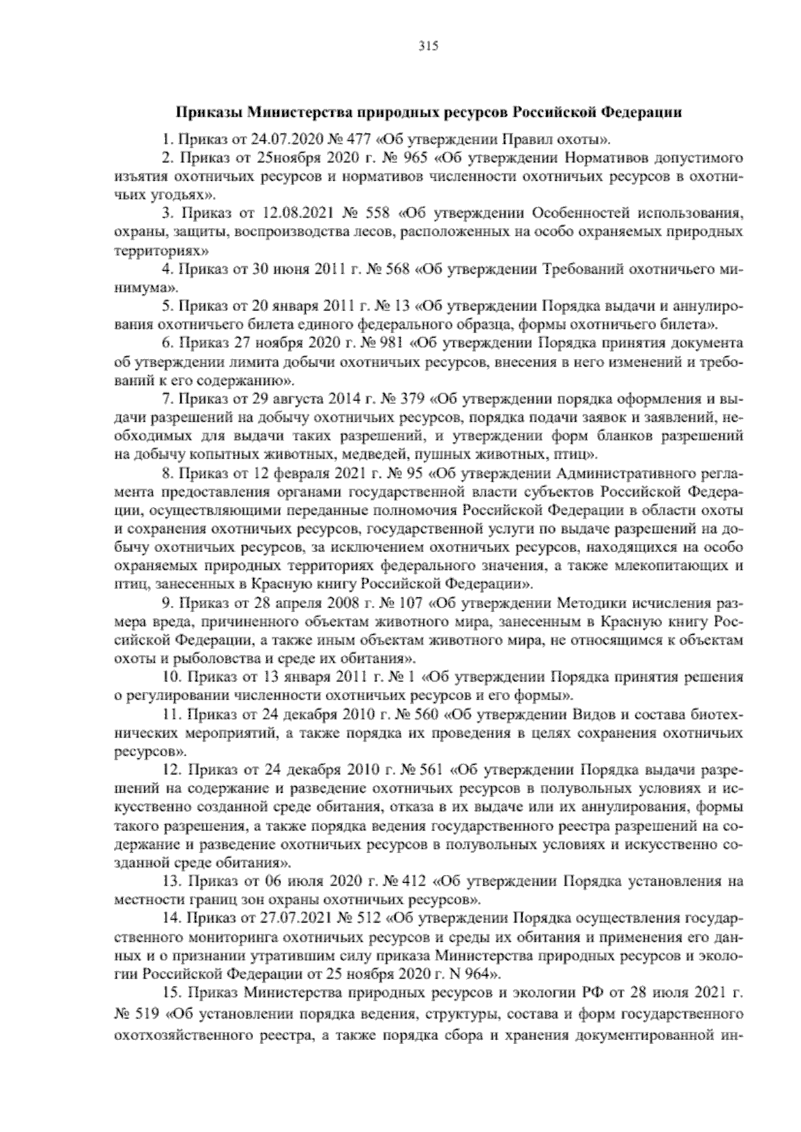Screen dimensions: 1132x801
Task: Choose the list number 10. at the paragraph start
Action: pyautogui.click(x=170, y=678)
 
